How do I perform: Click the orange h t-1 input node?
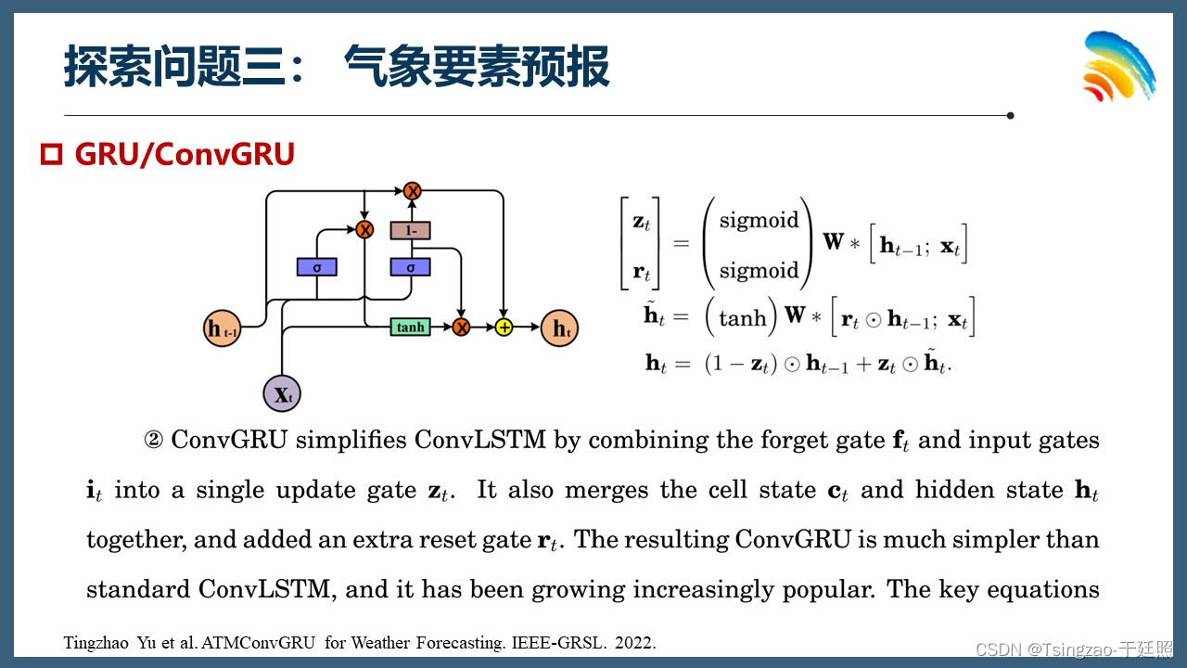pyautogui.click(x=223, y=328)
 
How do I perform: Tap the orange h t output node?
pyautogui.click(x=559, y=328)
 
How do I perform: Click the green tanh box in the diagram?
pyautogui.click(x=410, y=327)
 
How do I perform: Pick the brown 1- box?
pyautogui.click(x=410, y=230)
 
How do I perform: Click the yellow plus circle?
pyautogui.click(x=504, y=327)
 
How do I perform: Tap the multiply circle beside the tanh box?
pyautogui.click(x=461, y=327)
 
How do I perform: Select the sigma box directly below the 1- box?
pyautogui.click(x=410, y=267)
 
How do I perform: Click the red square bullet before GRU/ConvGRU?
pyautogui.click(x=51, y=155)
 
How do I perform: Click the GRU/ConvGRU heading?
pyautogui.click(x=184, y=155)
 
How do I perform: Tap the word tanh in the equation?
pyautogui.click(x=743, y=318)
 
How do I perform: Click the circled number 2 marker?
pyautogui.click(x=153, y=440)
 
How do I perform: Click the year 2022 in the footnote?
pyautogui.click(x=635, y=643)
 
